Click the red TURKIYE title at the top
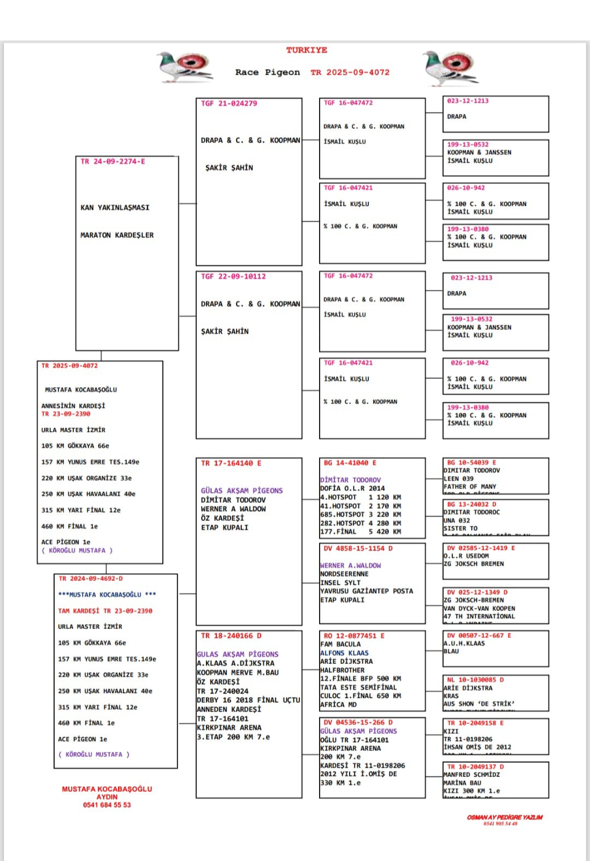click(306, 50)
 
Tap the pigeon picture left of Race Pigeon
click(185, 67)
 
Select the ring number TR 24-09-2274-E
click(113, 162)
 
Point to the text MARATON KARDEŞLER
click(117, 235)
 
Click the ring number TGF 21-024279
click(229, 103)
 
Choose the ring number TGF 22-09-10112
click(233, 276)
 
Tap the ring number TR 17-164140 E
click(231, 463)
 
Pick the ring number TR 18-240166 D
click(231, 636)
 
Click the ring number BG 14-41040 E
click(350, 462)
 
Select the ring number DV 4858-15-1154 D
click(358, 548)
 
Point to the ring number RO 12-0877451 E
click(354, 636)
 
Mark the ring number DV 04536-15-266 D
click(358, 722)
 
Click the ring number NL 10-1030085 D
click(475, 680)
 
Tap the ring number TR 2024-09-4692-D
click(91, 579)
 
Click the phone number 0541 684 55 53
click(107, 805)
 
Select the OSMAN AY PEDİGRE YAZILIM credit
click(505, 817)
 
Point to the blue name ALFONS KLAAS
click(344, 653)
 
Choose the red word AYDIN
click(107, 797)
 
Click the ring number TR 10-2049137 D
click(475, 767)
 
